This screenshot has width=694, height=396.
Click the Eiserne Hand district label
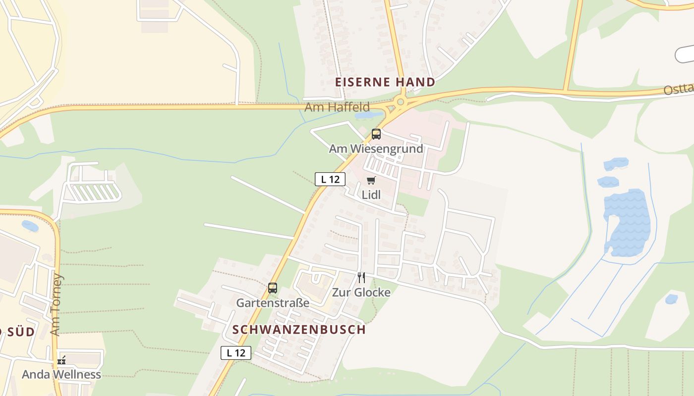click(x=385, y=82)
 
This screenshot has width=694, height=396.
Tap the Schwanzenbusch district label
click(x=299, y=330)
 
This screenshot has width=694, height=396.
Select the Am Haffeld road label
click(x=337, y=107)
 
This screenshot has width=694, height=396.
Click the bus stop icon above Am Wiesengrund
click(x=376, y=134)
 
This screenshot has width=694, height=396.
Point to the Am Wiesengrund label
click(x=376, y=148)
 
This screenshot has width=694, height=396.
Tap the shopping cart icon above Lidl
click(x=371, y=180)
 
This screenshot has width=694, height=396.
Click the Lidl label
click(x=371, y=195)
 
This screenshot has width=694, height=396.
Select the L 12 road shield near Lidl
click(x=330, y=179)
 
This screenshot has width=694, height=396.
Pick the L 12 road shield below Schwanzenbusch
click(x=236, y=353)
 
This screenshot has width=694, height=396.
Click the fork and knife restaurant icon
click(x=361, y=278)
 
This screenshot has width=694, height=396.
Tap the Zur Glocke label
click(x=361, y=293)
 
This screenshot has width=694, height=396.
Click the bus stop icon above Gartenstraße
click(x=273, y=288)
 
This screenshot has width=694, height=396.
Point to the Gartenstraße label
click(x=273, y=302)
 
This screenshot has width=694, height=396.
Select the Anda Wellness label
click(x=61, y=375)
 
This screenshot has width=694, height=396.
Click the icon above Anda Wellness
click(x=61, y=360)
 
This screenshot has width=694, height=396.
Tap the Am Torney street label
click(x=56, y=304)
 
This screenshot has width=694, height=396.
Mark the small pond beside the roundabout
click(x=368, y=116)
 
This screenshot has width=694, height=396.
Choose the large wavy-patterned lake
click(x=628, y=220)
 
